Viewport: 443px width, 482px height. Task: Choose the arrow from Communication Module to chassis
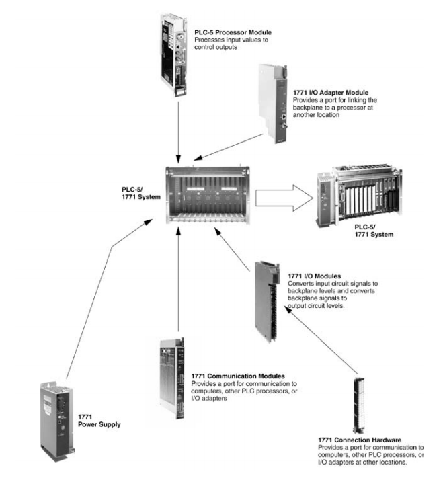point(179,282)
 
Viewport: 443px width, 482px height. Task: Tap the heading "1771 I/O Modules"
point(313,276)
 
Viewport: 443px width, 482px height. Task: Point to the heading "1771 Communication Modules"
point(238,376)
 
